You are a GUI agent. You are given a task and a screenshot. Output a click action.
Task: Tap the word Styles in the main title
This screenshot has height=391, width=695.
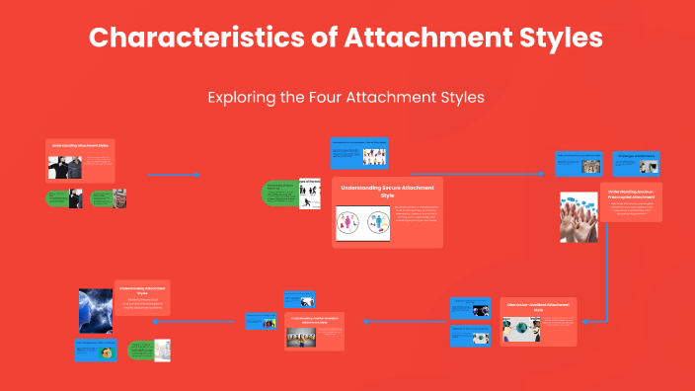[550, 39]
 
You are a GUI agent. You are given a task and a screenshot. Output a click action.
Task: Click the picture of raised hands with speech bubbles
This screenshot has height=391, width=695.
[579, 217]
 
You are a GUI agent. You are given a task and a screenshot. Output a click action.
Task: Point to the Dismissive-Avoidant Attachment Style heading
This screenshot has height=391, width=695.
[538, 306]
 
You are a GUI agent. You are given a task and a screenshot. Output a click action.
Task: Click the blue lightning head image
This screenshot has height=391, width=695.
[96, 309]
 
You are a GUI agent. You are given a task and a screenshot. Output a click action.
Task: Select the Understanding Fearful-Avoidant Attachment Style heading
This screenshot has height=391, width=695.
[315, 319]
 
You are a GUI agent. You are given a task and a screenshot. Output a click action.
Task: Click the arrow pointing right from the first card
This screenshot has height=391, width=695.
[174, 175]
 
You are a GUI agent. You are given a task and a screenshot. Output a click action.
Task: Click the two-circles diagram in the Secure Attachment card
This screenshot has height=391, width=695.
[368, 222]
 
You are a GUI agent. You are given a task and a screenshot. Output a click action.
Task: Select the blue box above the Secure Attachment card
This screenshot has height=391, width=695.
[371, 154]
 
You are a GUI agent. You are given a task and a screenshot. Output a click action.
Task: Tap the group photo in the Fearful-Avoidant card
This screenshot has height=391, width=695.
[301, 338]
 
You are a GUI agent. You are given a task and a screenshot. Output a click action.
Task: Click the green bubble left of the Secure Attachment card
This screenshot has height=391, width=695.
[280, 194]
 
